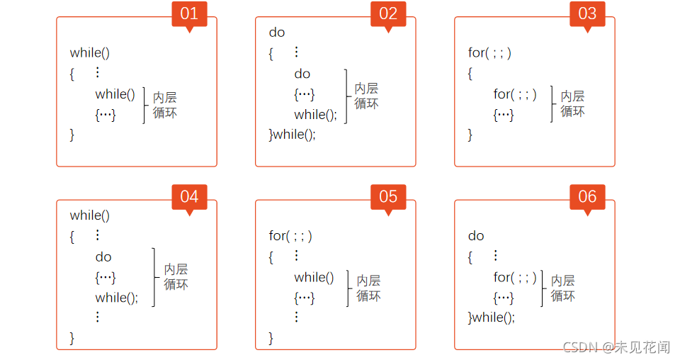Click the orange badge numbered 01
click(x=189, y=13)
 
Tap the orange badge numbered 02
click(x=388, y=13)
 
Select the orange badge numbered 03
click(x=587, y=13)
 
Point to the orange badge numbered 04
click(x=189, y=196)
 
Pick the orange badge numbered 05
click(x=388, y=196)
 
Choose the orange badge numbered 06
click(x=587, y=196)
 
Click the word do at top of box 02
click(x=277, y=33)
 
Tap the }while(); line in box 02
click(x=293, y=135)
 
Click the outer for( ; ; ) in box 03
click(x=489, y=53)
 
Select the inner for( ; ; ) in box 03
click(x=515, y=94)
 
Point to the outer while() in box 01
click(x=90, y=53)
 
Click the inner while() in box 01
click(x=115, y=94)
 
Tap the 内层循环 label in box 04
click(x=176, y=277)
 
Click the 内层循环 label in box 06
click(x=563, y=288)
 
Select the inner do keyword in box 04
click(x=103, y=257)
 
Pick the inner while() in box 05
click(x=314, y=277)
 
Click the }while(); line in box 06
click(x=492, y=317)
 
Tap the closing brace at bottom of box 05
click(x=271, y=338)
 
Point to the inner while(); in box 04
click(x=117, y=298)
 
